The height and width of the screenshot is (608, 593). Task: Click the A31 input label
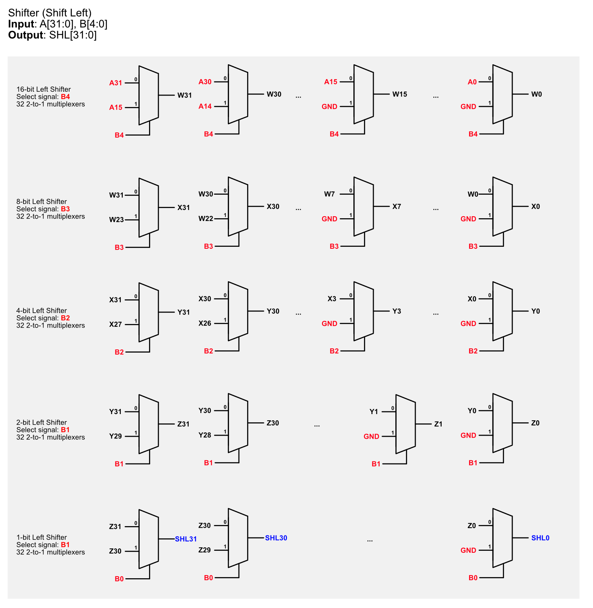pyautogui.click(x=116, y=83)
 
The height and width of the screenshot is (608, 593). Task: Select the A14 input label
pyautogui.click(x=205, y=106)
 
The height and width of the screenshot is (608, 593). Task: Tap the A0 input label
pyautogui.click(x=472, y=82)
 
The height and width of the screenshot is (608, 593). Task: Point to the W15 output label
pyautogui.click(x=400, y=94)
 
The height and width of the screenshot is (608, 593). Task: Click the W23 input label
pyautogui.click(x=116, y=220)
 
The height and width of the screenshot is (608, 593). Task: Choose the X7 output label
pyautogui.click(x=397, y=206)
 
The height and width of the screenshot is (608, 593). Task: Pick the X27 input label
pyautogui.click(x=116, y=324)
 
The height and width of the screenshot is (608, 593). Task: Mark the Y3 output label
pyautogui.click(x=397, y=311)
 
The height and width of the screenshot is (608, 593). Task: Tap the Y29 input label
pyautogui.click(x=116, y=436)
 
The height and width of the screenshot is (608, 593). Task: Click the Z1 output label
pyautogui.click(x=438, y=424)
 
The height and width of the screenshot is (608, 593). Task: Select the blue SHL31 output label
pyautogui.click(x=186, y=539)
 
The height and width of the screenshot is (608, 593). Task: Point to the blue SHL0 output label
pyautogui.click(x=540, y=538)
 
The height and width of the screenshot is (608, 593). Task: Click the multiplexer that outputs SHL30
pyautogui.click(x=238, y=538)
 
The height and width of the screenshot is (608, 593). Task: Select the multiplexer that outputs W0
pyautogui.click(x=502, y=94)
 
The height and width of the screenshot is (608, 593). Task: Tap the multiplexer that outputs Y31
pyautogui.click(x=149, y=312)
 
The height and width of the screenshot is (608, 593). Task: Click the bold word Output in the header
pyautogui.click(x=26, y=35)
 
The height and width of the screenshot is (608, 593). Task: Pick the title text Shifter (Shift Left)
pyautogui.click(x=50, y=13)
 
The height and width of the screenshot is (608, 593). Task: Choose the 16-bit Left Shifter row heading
pyautogui.click(x=44, y=89)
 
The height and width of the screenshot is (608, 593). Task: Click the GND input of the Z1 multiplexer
pyautogui.click(x=371, y=436)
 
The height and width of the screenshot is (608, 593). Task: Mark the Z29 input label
pyautogui.click(x=205, y=550)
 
